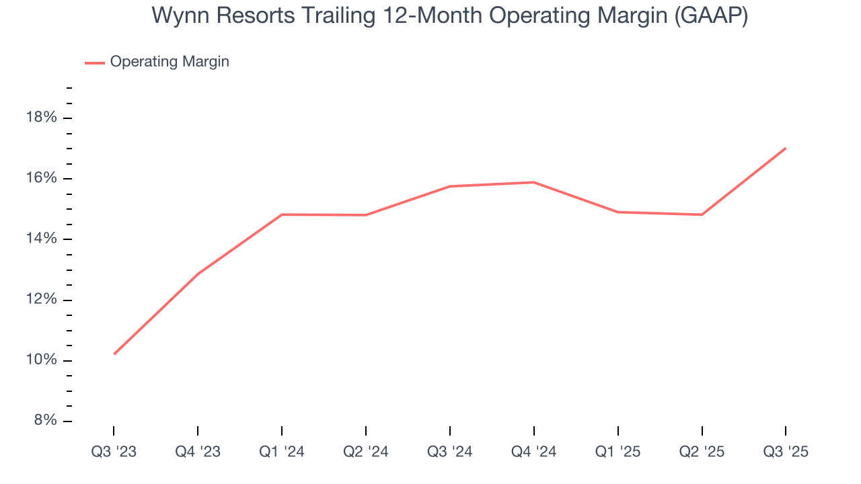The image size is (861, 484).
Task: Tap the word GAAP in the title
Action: (x=711, y=16)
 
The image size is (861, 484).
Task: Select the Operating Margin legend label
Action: (x=170, y=62)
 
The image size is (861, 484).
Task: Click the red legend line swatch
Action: (x=94, y=63)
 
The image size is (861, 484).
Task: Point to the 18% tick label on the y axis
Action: (x=41, y=118)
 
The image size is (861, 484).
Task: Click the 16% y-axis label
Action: (x=41, y=178)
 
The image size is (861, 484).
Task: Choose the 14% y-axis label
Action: (x=41, y=239)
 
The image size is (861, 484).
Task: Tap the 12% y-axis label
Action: (x=41, y=300)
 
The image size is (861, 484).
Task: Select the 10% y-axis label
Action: (x=41, y=360)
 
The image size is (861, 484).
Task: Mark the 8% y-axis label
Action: (x=44, y=421)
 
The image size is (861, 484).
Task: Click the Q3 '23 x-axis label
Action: (x=114, y=452)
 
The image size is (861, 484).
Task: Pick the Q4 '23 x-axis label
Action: (x=198, y=452)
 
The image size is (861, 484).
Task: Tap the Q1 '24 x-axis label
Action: (x=282, y=452)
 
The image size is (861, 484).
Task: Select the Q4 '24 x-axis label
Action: (x=534, y=452)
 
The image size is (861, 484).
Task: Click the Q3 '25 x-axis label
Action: (x=786, y=452)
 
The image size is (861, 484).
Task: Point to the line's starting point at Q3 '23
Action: (x=114, y=354)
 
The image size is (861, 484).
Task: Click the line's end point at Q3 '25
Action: (x=786, y=148)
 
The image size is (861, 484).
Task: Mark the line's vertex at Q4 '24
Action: (x=534, y=182)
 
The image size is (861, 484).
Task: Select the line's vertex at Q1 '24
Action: (x=282, y=214)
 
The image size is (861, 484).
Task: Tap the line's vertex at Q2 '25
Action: (x=702, y=214)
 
